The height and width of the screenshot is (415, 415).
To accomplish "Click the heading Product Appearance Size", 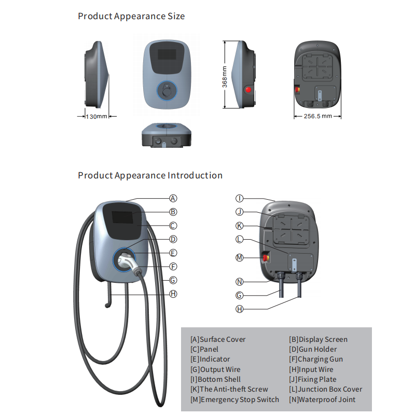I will click(x=131, y=16).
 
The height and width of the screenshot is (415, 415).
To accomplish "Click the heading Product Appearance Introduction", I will click(x=150, y=175).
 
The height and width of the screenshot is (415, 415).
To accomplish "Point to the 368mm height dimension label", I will click(x=225, y=76).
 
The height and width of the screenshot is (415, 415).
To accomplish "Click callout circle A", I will click(x=173, y=198).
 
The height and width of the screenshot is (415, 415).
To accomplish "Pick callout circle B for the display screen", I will click(x=173, y=212).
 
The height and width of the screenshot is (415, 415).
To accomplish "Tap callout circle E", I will click(x=173, y=253).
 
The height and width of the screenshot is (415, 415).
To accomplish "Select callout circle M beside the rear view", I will click(x=240, y=258).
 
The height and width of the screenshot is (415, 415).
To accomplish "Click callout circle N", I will click(x=240, y=282).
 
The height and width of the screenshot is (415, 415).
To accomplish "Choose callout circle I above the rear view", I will click(x=240, y=198).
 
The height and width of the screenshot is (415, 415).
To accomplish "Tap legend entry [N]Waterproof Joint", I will click(x=322, y=399).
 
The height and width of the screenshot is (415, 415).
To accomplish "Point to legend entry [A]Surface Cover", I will click(x=218, y=339).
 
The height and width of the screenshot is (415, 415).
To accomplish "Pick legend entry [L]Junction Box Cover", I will click(x=326, y=389).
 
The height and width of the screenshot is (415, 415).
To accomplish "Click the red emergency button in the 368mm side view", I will click(x=248, y=90).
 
